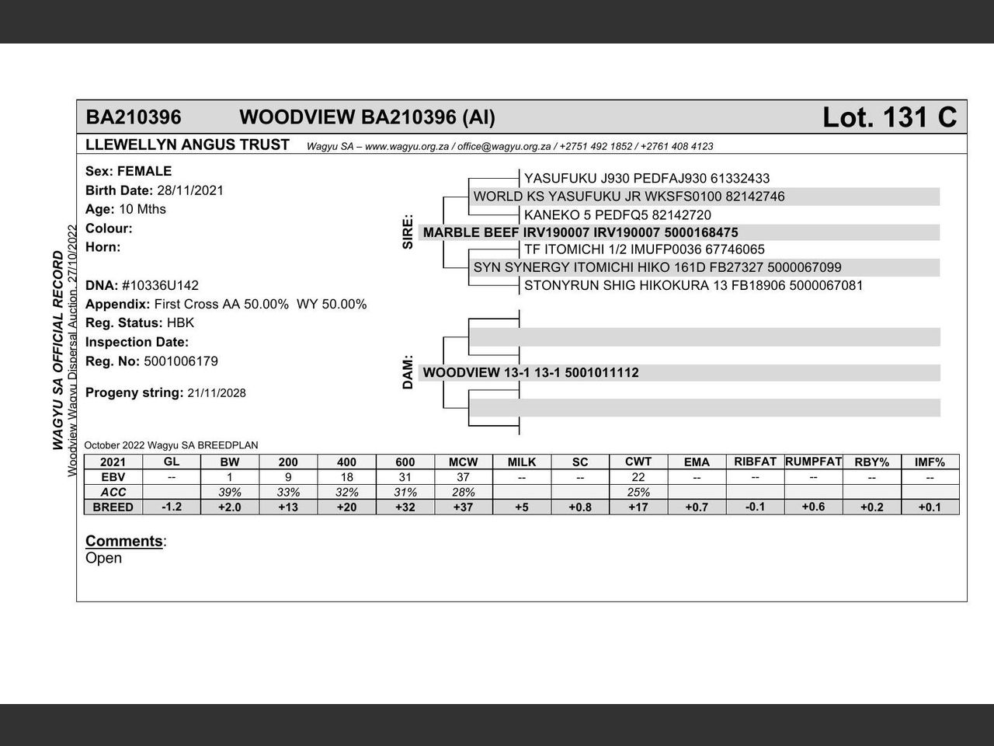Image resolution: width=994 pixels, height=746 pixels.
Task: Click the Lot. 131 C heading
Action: pos(889,117)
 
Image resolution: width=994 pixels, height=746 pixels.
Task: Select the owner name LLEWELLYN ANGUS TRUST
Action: pos(187,145)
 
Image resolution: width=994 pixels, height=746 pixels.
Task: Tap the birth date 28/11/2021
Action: pos(190,190)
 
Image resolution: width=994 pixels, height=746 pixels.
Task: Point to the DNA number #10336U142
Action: pos(160,285)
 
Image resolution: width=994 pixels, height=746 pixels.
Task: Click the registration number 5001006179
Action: pos(181,361)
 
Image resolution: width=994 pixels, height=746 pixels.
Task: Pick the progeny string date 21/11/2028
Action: pos(217,393)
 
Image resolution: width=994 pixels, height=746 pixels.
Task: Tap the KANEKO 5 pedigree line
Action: pos(617,215)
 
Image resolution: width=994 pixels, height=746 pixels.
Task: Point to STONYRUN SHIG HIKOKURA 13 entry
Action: pos(693,285)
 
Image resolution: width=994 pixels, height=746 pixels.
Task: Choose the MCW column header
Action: pos(463,462)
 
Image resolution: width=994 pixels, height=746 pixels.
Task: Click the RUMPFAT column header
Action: pos(813,462)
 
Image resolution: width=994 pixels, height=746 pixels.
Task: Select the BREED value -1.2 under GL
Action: pos(172,507)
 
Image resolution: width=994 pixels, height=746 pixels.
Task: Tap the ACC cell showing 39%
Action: pos(230,492)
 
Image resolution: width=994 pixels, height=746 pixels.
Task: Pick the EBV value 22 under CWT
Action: pos(638,477)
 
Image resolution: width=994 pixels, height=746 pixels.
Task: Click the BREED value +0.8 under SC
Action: pos(580,507)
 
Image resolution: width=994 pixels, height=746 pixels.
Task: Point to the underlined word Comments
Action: pos(124,541)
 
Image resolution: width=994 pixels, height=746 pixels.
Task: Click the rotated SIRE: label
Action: pos(408,232)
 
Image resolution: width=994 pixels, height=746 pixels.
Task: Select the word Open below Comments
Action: pos(103,558)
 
